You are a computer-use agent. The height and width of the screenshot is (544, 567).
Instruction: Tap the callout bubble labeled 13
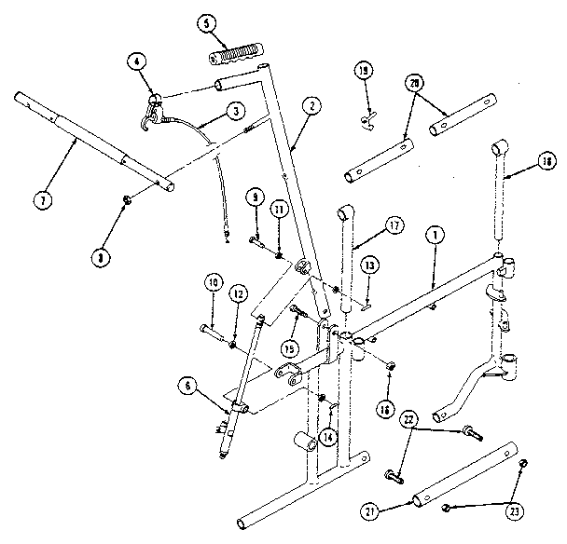click(x=369, y=265)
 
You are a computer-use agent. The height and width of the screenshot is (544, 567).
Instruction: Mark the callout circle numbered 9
click(x=253, y=197)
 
